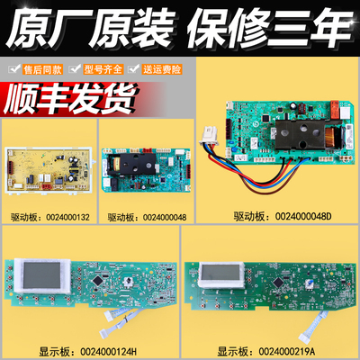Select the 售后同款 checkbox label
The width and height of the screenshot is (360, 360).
tap(40, 67)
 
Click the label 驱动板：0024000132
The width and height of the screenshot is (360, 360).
tap(47, 217)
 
